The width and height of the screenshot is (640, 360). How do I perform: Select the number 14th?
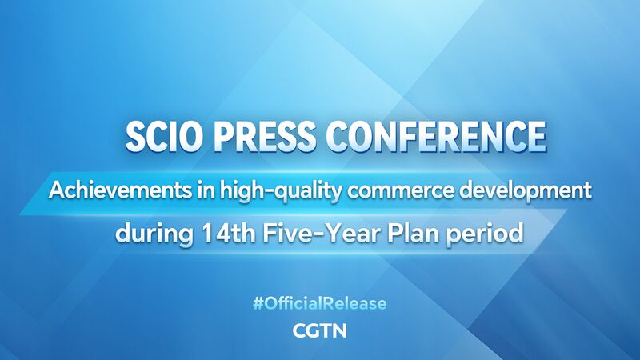point(210,234)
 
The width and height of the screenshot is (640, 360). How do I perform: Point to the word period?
point(478,235)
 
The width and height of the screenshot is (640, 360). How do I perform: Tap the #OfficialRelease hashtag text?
point(319,304)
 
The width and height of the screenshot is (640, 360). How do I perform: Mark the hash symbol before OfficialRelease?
point(258,304)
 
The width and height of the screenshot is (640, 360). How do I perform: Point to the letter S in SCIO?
point(135,137)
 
